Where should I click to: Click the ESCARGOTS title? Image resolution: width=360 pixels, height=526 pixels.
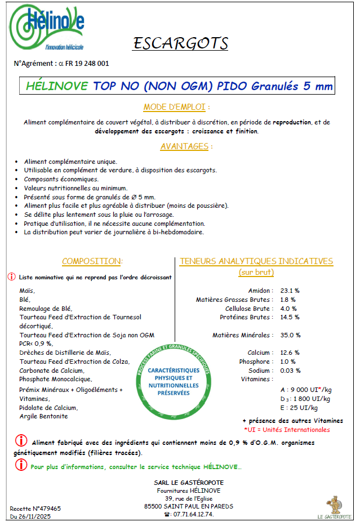(180, 43)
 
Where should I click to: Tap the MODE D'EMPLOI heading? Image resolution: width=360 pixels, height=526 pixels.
(177, 107)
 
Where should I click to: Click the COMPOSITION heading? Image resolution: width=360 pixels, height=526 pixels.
(92, 261)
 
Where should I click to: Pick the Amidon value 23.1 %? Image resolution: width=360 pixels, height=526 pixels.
(290, 291)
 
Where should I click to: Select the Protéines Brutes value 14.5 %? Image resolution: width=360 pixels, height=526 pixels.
(290, 317)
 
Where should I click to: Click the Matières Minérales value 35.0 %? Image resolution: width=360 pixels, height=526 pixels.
(290, 335)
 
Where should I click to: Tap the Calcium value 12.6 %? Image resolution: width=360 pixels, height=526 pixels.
(290, 353)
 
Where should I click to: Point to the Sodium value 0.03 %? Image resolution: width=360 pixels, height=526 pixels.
(291, 371)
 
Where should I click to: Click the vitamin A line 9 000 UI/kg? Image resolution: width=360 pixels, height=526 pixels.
(305, 389)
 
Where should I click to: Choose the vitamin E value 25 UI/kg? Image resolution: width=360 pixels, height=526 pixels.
(299, 407)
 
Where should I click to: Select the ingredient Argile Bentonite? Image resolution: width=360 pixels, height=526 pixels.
(43, 416)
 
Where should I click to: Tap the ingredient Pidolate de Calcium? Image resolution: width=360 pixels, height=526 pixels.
(48, 407)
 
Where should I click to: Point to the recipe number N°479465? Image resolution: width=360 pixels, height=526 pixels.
(35, 508)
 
